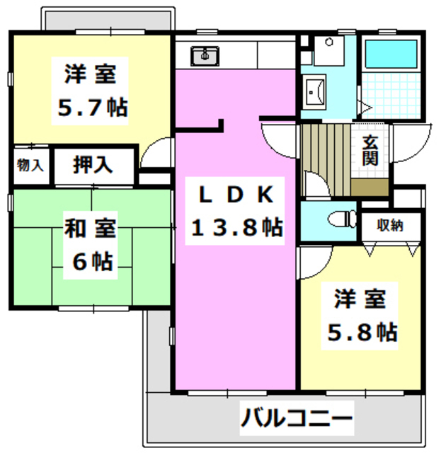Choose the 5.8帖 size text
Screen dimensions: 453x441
pos(360,331)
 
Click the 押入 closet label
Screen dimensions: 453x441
pos(93,166)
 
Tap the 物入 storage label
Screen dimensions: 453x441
pos(30,166)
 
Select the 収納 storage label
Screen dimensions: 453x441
pos(390,226)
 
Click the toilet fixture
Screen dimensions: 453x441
pos(342,219)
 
